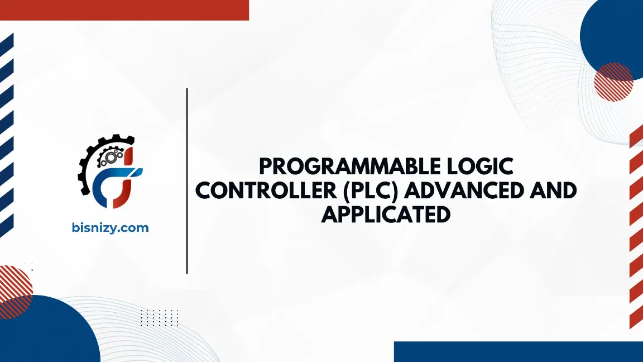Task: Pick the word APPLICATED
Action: (386, 215)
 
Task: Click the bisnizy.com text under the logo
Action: (111, 228)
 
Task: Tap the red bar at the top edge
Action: (124, 9)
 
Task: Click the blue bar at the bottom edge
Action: (518, 351)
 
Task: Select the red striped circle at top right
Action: (613, 82)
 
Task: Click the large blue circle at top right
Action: (614, 34)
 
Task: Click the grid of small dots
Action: (159, 317)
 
